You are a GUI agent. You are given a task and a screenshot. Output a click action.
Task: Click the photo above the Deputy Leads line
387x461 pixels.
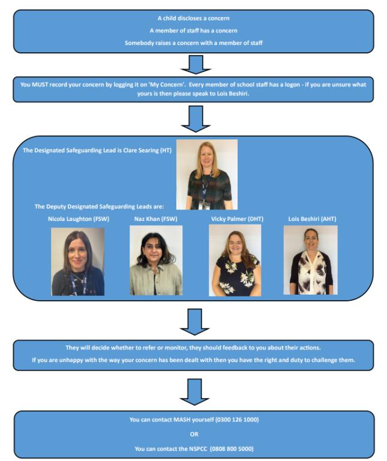[x=206, y=174]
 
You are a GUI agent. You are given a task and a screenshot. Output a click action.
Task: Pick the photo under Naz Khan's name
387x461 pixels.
[x=156, y=261]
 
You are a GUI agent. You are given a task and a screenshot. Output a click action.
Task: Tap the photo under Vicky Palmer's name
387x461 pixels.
[x=235, y=261]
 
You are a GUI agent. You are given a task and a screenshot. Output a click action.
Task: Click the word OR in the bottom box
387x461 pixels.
[x=194, y=433]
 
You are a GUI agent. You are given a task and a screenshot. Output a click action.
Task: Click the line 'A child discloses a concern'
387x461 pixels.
[x=193, y=19]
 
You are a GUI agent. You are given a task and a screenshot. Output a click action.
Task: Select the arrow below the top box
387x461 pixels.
[x=194, y=64]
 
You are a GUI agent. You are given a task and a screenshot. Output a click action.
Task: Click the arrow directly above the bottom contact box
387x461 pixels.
[x=194, y=391]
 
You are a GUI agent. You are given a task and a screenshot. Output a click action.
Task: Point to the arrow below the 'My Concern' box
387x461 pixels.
[x=194, y=118]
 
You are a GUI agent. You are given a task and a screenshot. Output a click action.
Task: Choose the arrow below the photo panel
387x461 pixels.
[x=194, y=322]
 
